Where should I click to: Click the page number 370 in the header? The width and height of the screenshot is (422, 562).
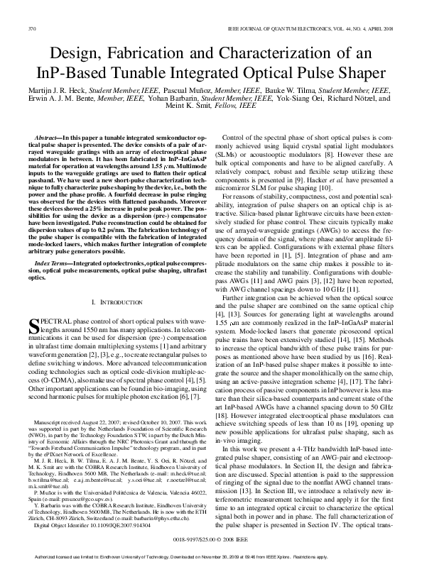(x=31, y=28)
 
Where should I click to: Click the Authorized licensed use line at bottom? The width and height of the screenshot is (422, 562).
(x=211, y=555)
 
